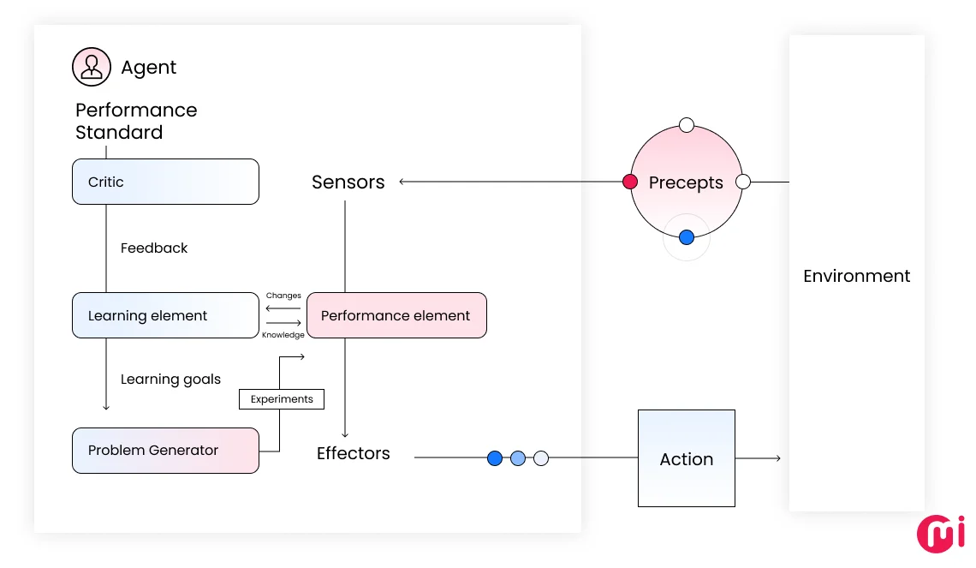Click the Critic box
[x=165, y=182]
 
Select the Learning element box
[x=165, y=315]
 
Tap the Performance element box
[x=396, y=315]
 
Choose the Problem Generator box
[x=165, y=451]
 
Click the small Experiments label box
[x=282, y=399]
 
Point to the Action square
[x=686, y=458]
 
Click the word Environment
[x=856, y=276]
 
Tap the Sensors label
[x=348, y=182]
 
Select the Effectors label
[x=353, y=453]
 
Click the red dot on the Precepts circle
[x=630, y=182]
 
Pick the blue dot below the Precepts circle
[x=686, y=237]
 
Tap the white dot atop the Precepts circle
[x=686, y=125]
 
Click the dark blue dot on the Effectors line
[x=494, y=458]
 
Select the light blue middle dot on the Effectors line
[x=517, y=458]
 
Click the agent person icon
[x=92, y=67]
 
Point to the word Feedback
[x=154, y=248]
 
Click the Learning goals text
[x=170, y=380]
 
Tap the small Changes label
[x=283, y=296]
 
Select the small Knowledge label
[x=283, y=335]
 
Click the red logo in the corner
[x=940, y=533]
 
